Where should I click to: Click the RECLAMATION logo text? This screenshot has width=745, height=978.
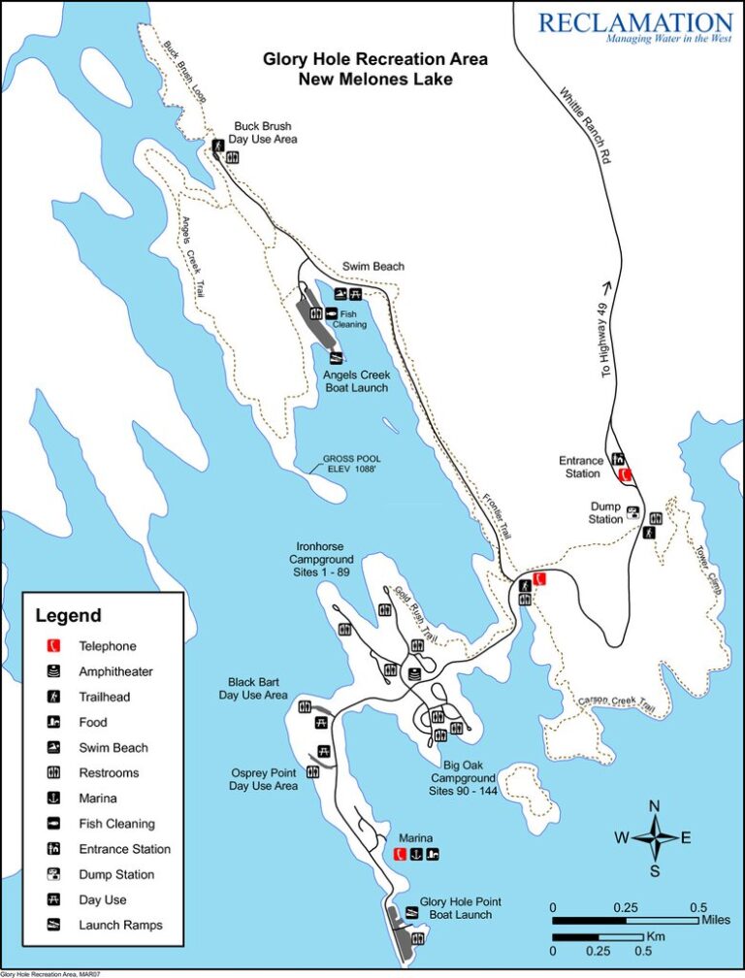point(634,22)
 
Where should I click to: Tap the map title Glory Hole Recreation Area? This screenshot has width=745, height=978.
point(375,59)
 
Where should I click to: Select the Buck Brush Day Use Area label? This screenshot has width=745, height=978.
point(263,133)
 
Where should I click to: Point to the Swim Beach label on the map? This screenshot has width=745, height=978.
point(373,267)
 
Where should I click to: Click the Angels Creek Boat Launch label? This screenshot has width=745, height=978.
point(357,381)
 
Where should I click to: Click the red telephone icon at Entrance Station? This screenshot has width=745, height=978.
point(626,474)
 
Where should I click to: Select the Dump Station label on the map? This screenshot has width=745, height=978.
point(606,512)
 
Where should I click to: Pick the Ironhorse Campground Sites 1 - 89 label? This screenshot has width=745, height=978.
point(321,560)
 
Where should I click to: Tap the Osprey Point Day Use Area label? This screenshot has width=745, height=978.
point(263,778)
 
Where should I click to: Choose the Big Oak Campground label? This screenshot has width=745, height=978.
point(463,777)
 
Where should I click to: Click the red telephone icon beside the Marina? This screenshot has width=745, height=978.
point(400,854)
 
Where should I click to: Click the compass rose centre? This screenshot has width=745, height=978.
point(654,837)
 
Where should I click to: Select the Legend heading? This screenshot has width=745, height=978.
point(68,615)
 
